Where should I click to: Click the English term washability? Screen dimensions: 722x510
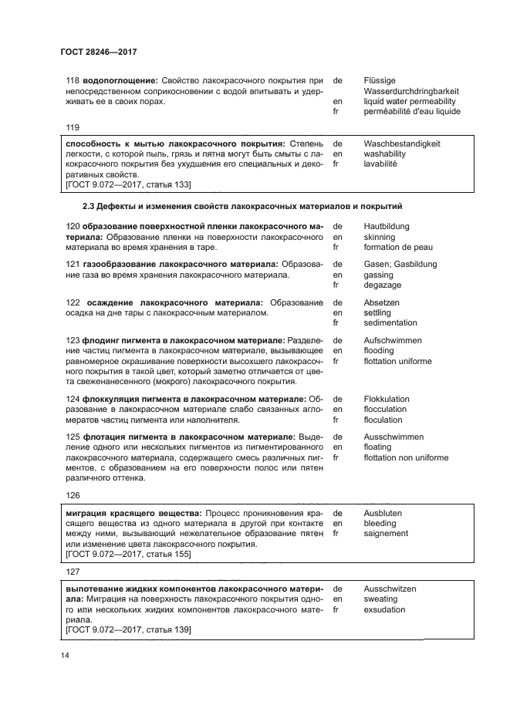coord(384,154)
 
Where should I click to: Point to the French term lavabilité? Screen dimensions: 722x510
coord(380,164)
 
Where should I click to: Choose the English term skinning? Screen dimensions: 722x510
coord(379,238)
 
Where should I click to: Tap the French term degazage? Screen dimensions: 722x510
coord(382,285)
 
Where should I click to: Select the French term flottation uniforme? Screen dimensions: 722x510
coord(397,361)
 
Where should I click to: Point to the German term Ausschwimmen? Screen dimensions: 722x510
coord(393,437)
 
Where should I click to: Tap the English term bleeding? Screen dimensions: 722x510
coord(380,523)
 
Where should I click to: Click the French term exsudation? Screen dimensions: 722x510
coord(383,609)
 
